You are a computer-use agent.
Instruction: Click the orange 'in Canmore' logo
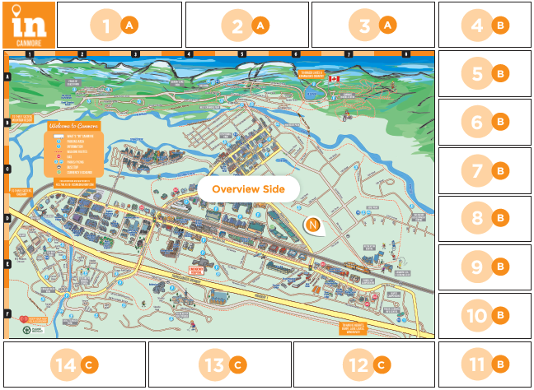coord(29,25)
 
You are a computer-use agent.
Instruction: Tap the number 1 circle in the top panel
coord(105,26)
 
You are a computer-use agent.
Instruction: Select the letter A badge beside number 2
coord(260,26)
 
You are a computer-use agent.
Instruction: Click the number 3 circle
coord(365,26)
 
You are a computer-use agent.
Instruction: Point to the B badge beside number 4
coord(499,26)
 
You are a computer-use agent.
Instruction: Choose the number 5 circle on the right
coord(477,74)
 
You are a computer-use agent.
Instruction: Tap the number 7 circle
coord(477,171)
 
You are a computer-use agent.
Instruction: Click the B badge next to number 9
coord(499,267)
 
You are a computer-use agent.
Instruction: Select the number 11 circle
coord(477,364)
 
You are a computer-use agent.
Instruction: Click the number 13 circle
coord(215,364)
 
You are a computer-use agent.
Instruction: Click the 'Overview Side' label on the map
coord(248,188)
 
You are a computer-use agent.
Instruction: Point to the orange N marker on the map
coord(313,225)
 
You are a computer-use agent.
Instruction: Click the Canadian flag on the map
coord(334,80)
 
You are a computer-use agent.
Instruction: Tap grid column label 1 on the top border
coord(29,54)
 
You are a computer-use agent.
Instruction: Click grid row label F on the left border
coord(7,313)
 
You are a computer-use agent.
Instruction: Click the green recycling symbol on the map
coord(28,330)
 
